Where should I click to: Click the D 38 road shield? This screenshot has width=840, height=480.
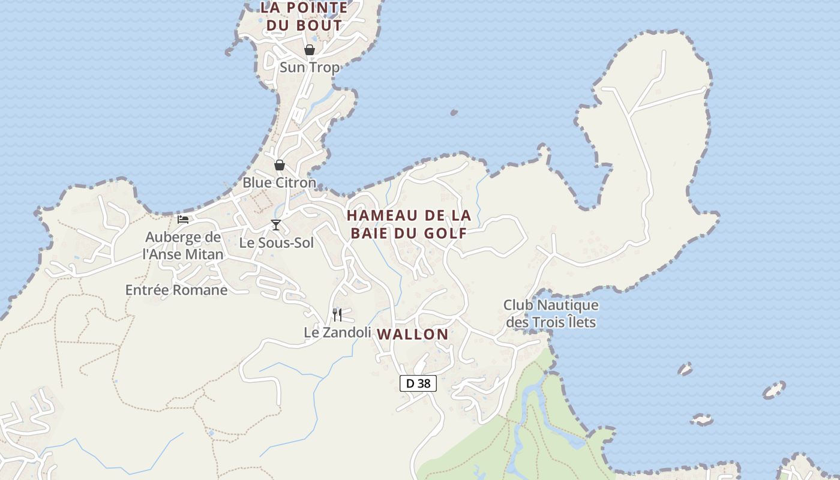(418, 383)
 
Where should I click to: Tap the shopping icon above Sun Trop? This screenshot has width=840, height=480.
(310, 50)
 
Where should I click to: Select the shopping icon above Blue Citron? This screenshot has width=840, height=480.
(280, 165)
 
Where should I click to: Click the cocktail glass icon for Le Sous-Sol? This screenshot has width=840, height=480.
(276, 225)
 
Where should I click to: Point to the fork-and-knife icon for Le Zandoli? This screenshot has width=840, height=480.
(337, 314)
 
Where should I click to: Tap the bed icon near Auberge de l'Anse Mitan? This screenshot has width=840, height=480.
(183, 220)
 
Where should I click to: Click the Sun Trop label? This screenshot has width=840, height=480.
(310, 67)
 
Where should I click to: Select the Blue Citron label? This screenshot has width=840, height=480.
(279, 182)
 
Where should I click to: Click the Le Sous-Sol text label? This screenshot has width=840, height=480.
(277, 243)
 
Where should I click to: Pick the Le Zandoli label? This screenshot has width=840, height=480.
(337, 332)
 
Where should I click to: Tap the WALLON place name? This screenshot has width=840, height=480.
(413, 335)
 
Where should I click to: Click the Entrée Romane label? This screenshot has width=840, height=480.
(176, 290)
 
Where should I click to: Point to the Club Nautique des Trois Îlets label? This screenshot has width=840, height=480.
(551, 314)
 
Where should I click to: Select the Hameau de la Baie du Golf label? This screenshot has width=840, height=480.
(409, 224)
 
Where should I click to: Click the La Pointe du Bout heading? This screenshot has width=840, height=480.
(304, 16)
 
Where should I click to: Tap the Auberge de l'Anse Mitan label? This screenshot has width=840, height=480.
(183, 245)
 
